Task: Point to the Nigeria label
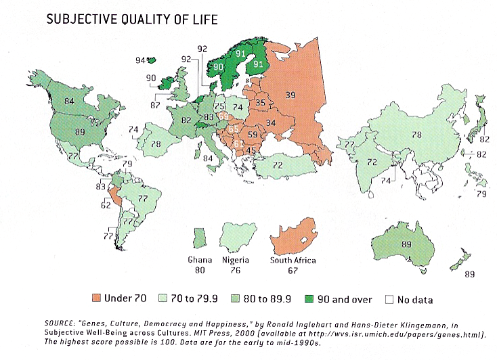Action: tap(236, 260)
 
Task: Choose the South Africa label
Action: tap(294, 260)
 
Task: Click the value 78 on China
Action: tap(417, 135)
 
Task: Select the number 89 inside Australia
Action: tap(407, 244)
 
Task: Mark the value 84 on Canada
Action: tap(68, 102)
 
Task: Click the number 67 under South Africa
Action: tap(294, 271)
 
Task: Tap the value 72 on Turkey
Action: tap(278, 164)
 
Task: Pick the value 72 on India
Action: tap(371, 162)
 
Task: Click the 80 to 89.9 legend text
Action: tap(255, 298)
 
